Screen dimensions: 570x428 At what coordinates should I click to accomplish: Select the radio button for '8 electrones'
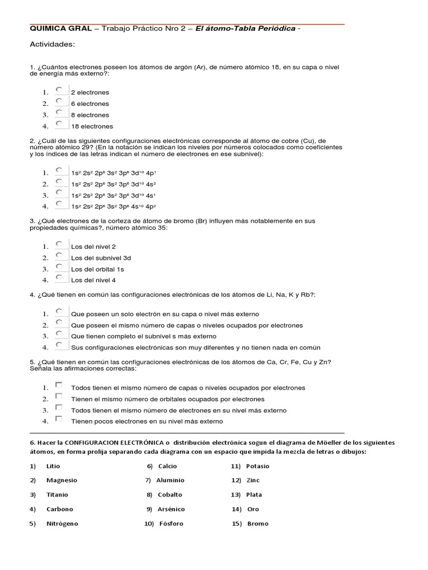[59, 112]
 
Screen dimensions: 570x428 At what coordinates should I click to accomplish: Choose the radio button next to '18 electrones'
[59, 124]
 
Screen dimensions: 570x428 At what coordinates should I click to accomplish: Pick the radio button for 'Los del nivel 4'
[59, 277]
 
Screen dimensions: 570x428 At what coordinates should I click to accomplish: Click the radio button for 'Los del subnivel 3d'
[59, 255]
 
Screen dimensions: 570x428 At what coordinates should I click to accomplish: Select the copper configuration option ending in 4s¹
[59, 193]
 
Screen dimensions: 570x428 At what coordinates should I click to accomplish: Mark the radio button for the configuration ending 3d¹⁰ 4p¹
[59, 170]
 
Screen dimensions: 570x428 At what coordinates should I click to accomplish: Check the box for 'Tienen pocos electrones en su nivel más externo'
[59, 419]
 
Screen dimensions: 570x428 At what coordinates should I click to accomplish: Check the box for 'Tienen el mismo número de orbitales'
[59, 396]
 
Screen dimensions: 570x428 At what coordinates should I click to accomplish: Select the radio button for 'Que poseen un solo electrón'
[59, 311]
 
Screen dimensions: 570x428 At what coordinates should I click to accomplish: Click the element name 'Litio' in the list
[53, 466]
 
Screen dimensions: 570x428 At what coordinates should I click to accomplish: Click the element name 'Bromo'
[257, 524]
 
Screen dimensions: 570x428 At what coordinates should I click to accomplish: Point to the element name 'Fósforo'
[171, 524]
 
